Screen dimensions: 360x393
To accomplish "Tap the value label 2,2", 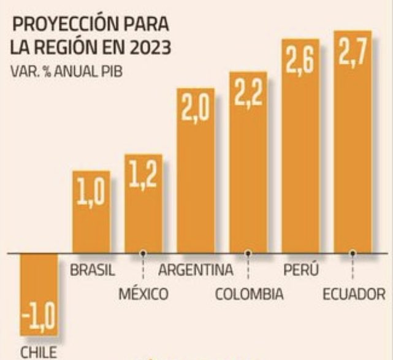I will click(248, 95).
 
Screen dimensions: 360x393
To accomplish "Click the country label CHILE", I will click(38, 353).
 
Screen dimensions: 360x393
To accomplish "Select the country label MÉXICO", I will click(143, 294).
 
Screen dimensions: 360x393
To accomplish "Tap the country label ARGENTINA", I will click(196, 270).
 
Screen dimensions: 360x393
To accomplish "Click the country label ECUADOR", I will click(353, 294).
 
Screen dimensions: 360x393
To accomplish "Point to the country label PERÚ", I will click(300, 270).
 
